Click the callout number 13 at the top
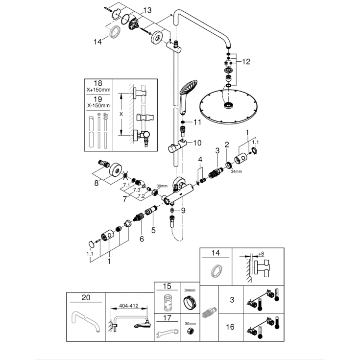point(147,10)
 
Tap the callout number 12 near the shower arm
point(246,62)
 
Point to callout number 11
point(197,121)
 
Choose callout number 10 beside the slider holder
point(197,143)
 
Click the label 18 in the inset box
point(98,84)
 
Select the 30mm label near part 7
point(161,186)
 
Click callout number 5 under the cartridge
point(153,230)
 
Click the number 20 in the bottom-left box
point(86,297)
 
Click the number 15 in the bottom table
point(167,286)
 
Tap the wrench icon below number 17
point(167,335)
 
